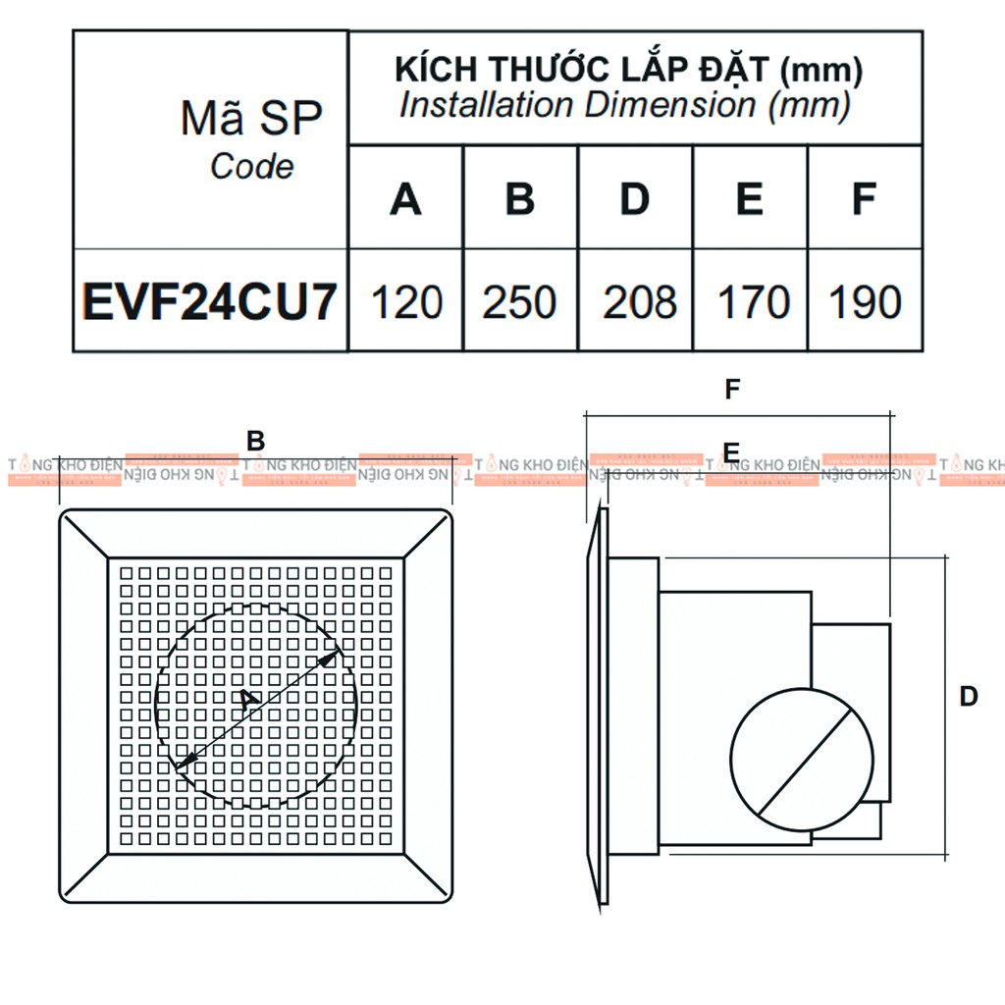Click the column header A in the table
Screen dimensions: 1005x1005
tap(405, 199)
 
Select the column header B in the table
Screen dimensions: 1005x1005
tap(520, 199)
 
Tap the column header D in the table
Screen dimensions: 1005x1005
tap(635, 199)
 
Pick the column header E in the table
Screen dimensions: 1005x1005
tap(750, 199)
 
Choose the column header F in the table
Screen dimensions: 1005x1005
tap(864, 199)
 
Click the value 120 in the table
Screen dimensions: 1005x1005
tap(406, 302)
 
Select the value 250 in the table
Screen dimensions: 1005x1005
tap(520, 302)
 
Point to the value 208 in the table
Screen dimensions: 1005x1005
tap(640, 302)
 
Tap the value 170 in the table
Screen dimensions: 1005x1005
tap(753, 302)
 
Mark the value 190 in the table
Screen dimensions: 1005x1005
tap(866, 302)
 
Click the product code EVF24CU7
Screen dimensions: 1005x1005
tap(210, 302)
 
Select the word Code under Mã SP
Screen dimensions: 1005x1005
tap(251, 167)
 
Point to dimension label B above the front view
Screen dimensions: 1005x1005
tap(256, 442)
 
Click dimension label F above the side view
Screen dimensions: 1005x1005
tap(732, 390)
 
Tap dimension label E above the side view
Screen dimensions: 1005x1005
tap(730, 451)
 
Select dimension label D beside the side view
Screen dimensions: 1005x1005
tap(969, 697)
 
